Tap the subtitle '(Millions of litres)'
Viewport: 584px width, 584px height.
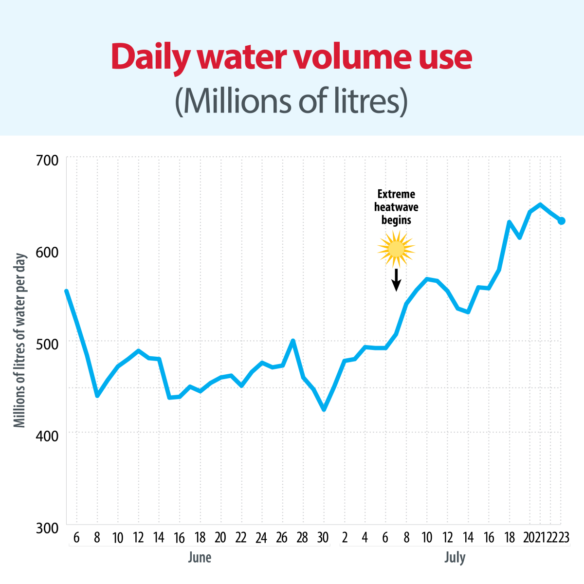[292, 101]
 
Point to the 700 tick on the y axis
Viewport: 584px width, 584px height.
[47, 160]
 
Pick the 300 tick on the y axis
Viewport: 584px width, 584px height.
[47, 528]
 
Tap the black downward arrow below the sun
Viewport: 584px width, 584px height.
[396, 280]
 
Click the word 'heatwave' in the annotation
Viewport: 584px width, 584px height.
[396, 207]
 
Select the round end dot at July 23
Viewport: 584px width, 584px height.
[561, 220]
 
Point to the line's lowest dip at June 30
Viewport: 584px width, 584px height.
[324, 409]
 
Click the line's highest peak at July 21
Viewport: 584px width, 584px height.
[540, 204]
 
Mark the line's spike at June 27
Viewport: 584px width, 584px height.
[293, 341]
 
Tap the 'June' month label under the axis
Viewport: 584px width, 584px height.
[200, 557]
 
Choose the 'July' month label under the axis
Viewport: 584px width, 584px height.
[455, 557]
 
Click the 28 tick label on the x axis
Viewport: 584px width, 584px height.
[302, 538]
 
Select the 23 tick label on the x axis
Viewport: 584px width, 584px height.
[564, 538]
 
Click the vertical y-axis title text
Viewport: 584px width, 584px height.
[19, 341]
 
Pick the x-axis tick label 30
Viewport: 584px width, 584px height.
[323, 538]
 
